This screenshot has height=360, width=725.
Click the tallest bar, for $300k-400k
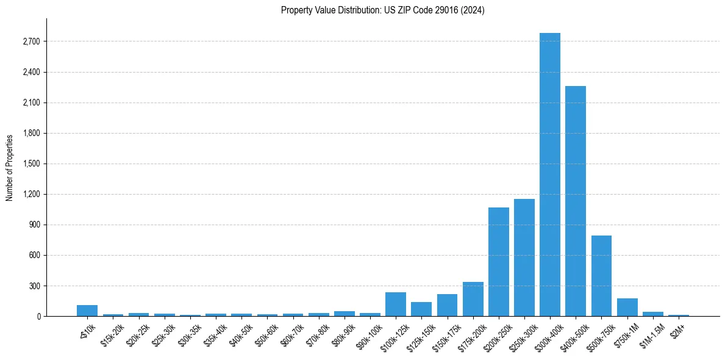click(x=549, y=175)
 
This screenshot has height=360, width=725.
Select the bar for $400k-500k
click(x=575, y=201)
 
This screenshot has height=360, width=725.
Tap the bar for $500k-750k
click(x=601, y=276)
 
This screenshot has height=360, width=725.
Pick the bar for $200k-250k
click(x=498, y=262)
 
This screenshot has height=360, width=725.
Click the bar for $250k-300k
click(x=524, y=257)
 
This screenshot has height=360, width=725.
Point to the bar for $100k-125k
click(x=395, y=304)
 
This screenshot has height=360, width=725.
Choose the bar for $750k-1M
click(x=627, y=307)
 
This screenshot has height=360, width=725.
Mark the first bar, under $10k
click(x=87, y=311)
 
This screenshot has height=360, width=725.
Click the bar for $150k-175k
click(x=447, y=305)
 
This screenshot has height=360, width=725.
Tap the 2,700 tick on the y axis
click(x=31, y=41)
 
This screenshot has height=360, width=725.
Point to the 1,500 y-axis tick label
click(x=31, y=164)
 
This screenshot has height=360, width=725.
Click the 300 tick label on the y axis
click(x=34, y=286)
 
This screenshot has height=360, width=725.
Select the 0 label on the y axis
click(x=38, y=316)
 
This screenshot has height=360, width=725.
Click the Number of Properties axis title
click(x=9, y=167)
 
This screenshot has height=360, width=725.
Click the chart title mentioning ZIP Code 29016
click(x=382, y=10)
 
